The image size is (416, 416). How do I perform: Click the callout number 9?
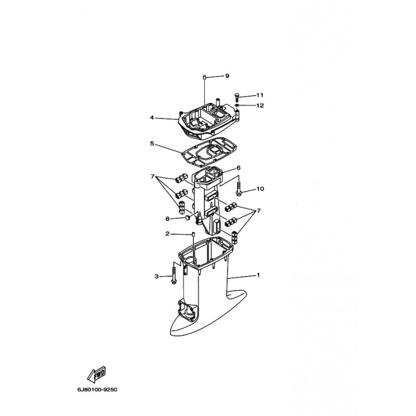pos(227,76)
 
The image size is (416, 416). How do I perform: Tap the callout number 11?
pos(259,95)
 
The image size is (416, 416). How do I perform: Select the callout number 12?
pos(261,106)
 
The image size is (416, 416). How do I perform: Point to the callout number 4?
pos(152,118)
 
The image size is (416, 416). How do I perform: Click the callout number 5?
pos(152,144)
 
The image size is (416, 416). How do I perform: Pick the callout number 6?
pos(239,167)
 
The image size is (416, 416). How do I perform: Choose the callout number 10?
pos(261,189)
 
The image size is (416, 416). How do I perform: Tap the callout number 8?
pos(167,218)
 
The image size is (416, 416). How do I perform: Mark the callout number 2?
pos(167,233)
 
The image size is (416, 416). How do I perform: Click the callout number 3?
pos(157,276)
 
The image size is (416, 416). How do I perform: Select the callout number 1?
pos(258,275)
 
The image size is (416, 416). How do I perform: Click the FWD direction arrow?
pos(96,375)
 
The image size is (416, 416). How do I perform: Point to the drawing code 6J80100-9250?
pos(97,389)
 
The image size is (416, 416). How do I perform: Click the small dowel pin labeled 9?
pos(204,77)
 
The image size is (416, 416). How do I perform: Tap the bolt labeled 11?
pos(237,97)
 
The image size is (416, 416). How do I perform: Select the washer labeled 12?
pos(237,106)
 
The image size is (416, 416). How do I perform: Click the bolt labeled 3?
pos(174,276)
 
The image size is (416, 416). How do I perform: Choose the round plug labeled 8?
pos(188,218)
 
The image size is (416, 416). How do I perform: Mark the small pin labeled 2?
pos(193,235)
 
